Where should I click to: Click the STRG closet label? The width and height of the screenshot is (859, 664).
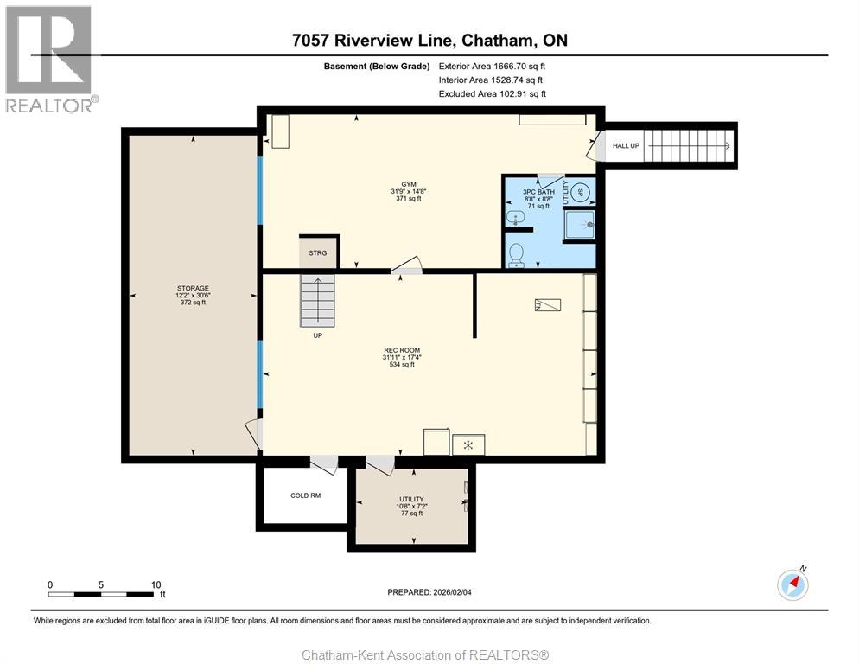(317, 252)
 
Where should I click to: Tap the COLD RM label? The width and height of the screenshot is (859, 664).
(305, 495)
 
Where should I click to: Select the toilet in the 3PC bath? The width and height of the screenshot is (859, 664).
(517, 254)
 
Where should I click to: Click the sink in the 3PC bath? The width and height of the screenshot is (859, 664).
(515, 218)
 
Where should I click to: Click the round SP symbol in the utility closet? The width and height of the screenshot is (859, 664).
(581, 192)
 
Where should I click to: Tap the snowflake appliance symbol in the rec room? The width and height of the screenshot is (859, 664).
(468, 445)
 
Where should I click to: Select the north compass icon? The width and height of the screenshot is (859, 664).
(792, 584)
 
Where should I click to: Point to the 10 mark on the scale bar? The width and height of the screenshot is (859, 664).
(156, 584)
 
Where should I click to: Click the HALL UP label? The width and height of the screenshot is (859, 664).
(626, 146)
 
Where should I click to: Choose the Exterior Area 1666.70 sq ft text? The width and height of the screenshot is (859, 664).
(492, 65)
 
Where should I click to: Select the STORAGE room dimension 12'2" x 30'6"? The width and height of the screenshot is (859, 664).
(193, 296)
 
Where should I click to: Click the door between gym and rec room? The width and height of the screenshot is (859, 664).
(405, 268)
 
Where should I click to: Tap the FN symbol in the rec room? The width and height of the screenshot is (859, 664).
(547, 304)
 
